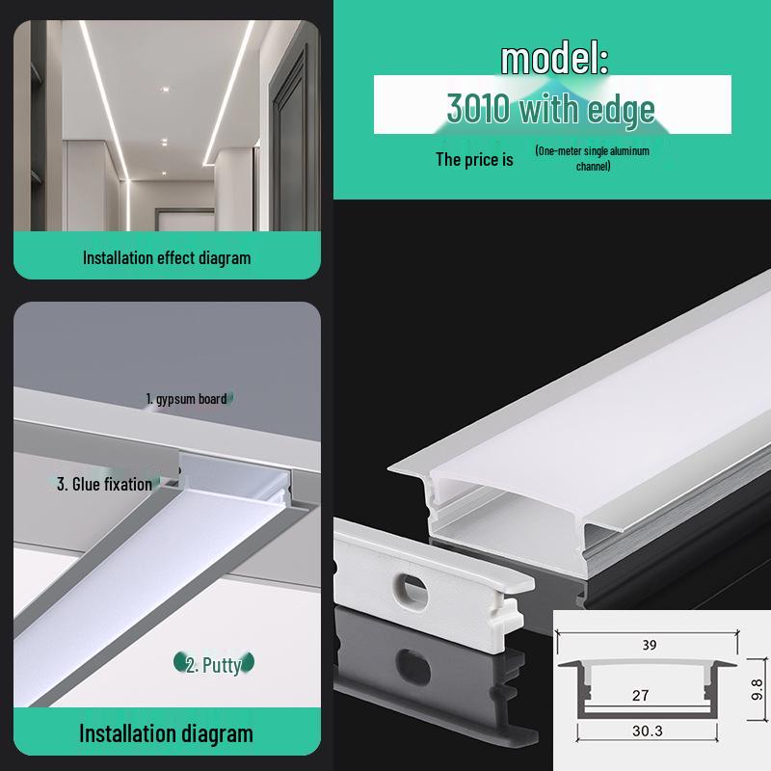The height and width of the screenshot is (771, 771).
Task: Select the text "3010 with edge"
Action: (x=551, y=109)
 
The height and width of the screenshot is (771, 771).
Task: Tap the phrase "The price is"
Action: (x=474, y=159)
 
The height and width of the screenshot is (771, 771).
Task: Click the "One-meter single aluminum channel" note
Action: (x=592, y=159)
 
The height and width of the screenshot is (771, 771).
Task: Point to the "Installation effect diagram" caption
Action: (x=167, y=257)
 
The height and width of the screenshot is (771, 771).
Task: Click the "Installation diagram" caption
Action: (x=166, y=733)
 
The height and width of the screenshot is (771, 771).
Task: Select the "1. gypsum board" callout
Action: (x=186, y=398)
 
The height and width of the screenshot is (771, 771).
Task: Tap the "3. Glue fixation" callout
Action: (x=104, y=484)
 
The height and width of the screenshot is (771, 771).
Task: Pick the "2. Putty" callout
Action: (x=213, y=664)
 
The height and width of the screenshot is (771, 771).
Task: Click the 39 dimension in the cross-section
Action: (x=650, y=646)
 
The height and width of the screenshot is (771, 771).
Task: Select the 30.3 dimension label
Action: (x=649, y=731)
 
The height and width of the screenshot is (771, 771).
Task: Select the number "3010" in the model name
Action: (x=480, y=109)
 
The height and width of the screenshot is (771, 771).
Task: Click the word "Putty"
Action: (x=221, y=664)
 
